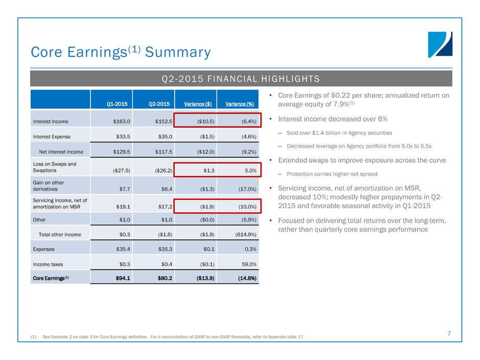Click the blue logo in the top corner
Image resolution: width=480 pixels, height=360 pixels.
click(x=440, y=44)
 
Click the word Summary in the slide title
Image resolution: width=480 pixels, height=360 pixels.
click(x=178, y=52)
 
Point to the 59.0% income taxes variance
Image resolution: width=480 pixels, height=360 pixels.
click(x=247, y=264)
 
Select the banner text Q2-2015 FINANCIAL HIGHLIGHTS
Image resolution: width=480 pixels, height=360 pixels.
click(x=240, y=79)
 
